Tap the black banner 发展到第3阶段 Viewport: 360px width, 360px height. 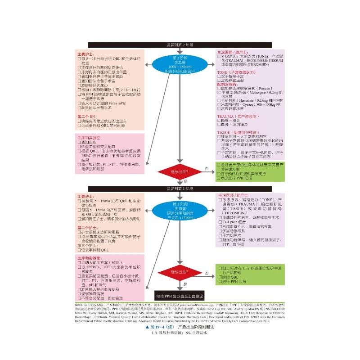(180, 189)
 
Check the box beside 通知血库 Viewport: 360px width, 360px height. (79, 142)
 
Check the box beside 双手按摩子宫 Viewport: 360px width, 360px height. (219, 76)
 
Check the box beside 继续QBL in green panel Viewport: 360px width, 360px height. (219, 277)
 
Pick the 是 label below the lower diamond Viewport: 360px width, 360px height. (184, 284)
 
